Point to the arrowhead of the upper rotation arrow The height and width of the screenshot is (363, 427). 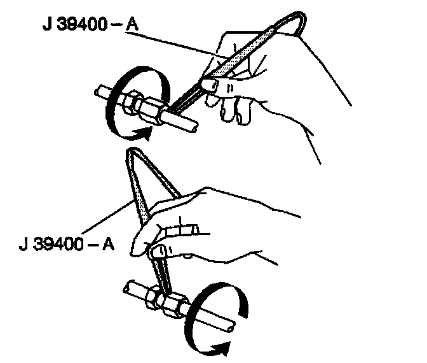(148, 133)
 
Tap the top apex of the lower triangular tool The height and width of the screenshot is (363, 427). (131, 151)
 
